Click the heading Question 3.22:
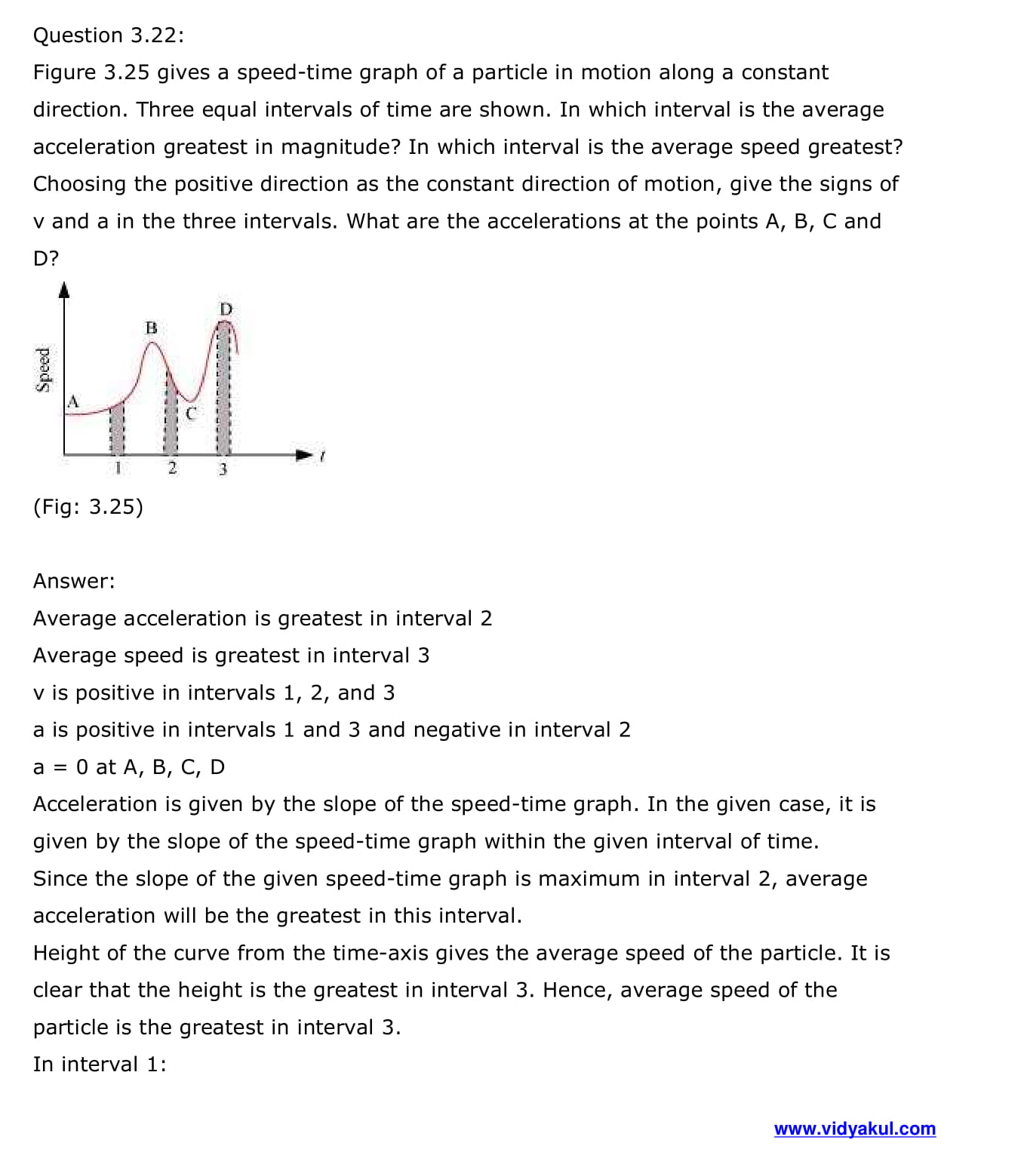tap(108, 35)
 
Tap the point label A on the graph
tap(73, 401)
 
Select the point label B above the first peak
tap(151, 327)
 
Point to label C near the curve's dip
tap(190, 413)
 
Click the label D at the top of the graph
tap(226, 309)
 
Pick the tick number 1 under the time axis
tap(117, 469)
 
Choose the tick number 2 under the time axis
tap(172, 469)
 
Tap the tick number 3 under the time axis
tap(223, 469)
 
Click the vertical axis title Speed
tap(44, 369)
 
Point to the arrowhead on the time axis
tap(303, 455)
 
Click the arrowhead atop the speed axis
tap(64, 290)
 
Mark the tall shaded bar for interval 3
tap(223, 389)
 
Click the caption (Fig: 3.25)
tap(88, 506)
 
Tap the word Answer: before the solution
tap(74, 581)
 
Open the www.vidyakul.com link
tap(854, 1129)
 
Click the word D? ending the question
tap(45, 258)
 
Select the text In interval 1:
tap(100, 1064)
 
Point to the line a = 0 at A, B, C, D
tap(129, 767)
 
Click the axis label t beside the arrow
tap(322, 456)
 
